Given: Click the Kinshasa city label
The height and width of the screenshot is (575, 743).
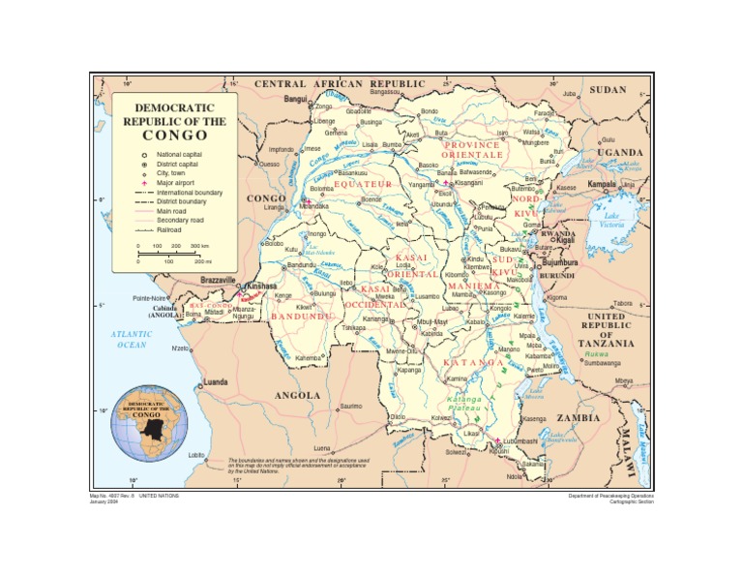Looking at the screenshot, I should tap(262, 287).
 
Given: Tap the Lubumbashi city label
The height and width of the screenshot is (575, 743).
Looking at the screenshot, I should tap(520, 440).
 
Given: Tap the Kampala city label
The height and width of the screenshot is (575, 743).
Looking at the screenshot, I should tap(602, 183).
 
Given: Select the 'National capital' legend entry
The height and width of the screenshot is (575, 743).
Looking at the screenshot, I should tap(179, 155).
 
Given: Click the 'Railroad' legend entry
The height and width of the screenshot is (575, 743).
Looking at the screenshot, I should tap(171, 230).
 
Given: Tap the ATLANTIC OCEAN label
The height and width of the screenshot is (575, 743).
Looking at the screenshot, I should tap(132, 339).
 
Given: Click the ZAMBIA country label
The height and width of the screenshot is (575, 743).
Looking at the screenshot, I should tap(580, 418).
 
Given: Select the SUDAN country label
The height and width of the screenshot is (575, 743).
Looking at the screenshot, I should tap(608, 89).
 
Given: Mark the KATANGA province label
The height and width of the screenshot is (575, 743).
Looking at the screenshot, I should tap(473, 362).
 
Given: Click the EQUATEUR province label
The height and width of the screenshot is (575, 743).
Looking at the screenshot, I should tap(363, 184).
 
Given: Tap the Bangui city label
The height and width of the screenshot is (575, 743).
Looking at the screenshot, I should tap(294, 99).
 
